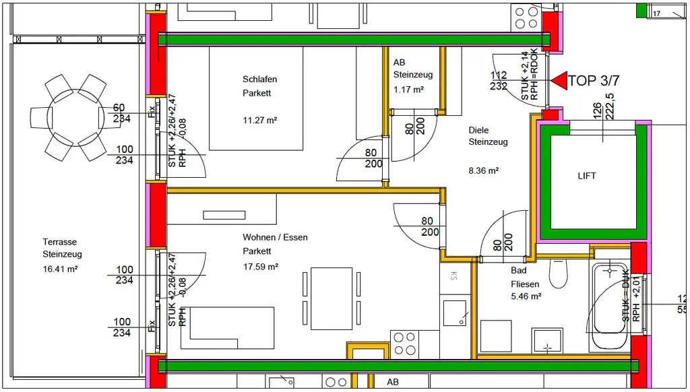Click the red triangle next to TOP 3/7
click(559, 80)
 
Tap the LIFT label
click(587, 176)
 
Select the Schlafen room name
click(259, 79)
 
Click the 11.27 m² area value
click(259, 121)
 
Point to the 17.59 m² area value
click(260, 266)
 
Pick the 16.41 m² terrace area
click(60, 269)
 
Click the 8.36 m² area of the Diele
click(483, 171)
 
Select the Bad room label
click(518, 270)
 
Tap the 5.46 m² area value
click(526, 296)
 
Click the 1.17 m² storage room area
click(408, 90)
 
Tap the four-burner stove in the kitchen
click(404, 344)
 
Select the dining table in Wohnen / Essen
click(331, 296)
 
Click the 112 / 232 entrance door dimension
click(499, 81)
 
